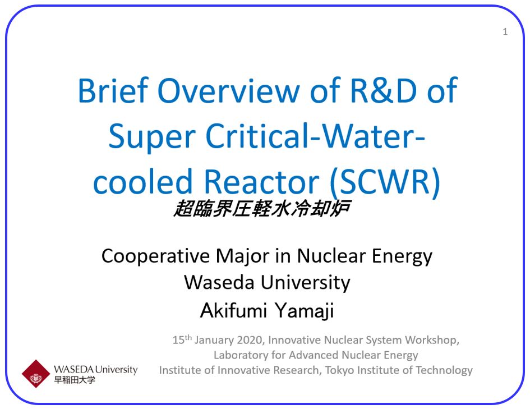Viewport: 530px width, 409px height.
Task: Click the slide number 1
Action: pos(505,32)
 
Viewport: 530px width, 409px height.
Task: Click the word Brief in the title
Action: pos(113,90)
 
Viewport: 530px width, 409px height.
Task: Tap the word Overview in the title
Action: pos(228,90)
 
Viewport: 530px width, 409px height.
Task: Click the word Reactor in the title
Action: pos(261,182)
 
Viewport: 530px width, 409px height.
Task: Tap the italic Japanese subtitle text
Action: pos(262,208)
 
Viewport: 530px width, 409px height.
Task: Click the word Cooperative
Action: pos(155,256)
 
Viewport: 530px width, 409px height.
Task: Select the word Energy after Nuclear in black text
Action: pos(402,257)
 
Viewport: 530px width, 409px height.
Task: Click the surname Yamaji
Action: pos(304,310)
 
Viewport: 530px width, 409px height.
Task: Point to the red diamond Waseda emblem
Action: pos(36,374)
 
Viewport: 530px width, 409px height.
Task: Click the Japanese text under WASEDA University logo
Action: pos(75,380)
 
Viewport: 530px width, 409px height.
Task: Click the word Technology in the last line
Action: pos(444,370)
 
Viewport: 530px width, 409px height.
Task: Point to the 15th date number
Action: pos(182,339)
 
